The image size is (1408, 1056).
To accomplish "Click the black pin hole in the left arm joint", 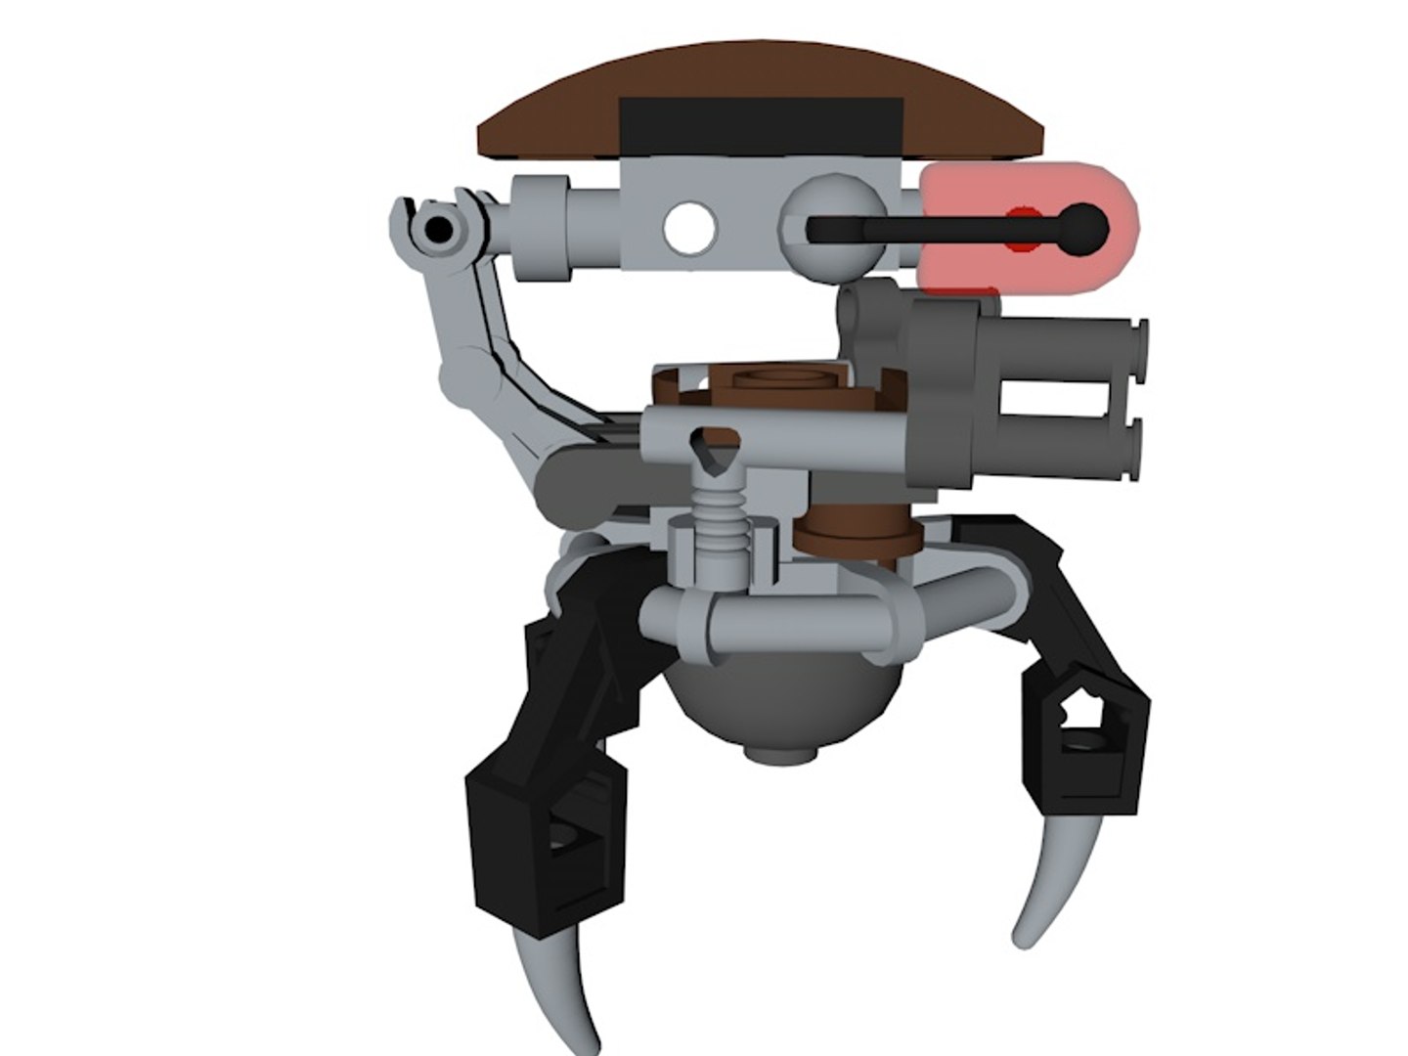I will pyautogui.click(x=441, y=230).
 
